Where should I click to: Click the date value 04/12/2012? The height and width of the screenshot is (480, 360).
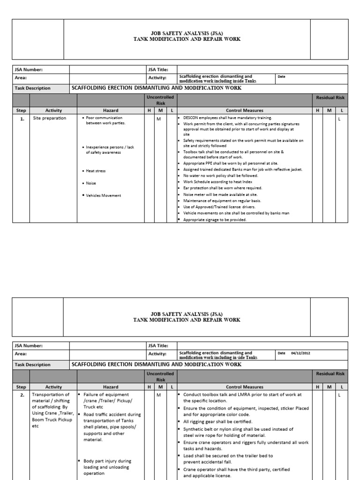pos(300,353)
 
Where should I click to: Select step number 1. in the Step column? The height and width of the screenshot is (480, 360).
pos(21,118)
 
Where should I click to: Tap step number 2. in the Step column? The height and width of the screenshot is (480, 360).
pos(21,395)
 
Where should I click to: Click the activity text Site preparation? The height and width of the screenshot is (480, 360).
pos(50,118)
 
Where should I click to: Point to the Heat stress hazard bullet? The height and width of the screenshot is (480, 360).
pos(95,171)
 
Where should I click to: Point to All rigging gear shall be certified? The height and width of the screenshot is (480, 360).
pos(217,421)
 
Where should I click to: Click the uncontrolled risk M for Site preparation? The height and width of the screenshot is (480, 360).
pos(158,119)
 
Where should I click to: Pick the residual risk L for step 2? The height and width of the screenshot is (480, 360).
pos(339,395)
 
